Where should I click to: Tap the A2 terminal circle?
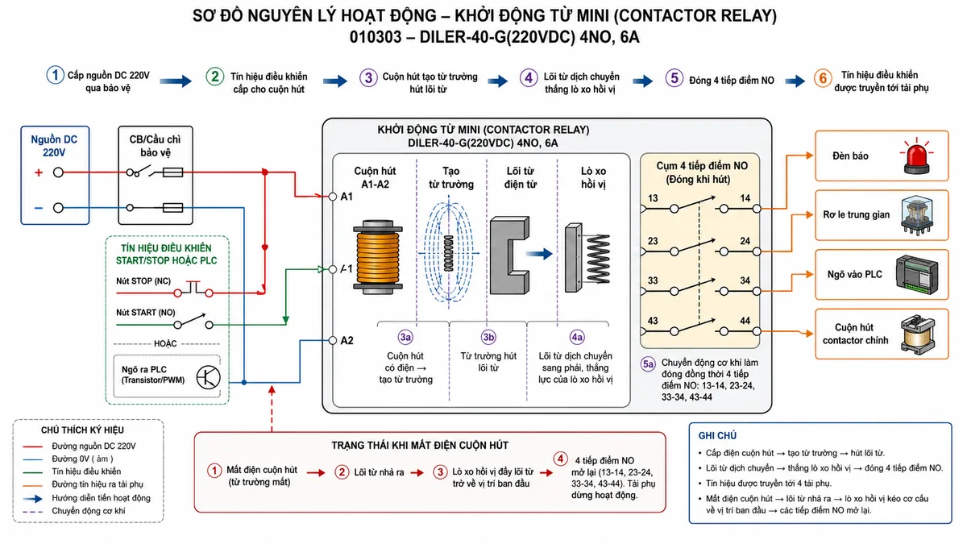[332, 341]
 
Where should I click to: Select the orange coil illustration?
[378, 257]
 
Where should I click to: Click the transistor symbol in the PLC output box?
[208, 377]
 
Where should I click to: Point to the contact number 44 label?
[745, 321]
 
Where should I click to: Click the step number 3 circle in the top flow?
[368, 77]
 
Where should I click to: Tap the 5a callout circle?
[649, 364]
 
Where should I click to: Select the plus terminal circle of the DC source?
[58, 172]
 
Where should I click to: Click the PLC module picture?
[916, 275]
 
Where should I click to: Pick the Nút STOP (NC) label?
[143, 281]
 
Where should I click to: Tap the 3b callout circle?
[488, 337]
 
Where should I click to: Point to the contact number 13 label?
[653, 198]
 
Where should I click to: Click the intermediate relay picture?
[917, 215]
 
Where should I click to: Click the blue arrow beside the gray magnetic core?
[540, 254]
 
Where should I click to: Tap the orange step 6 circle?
[823, 78]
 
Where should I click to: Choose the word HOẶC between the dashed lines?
[165, 343]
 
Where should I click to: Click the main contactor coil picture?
[918, 334]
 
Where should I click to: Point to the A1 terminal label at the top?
[347, 197]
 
